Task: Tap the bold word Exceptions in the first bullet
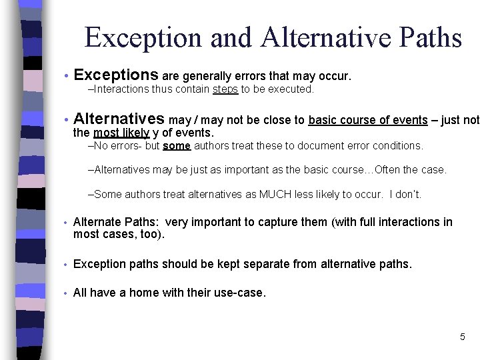tap(116, 75)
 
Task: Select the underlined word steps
tap(225, 89)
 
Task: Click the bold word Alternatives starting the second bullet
tap(119, 119)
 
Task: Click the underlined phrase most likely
tap(121, 133)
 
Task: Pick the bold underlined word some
tap(177, 145)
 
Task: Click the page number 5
tap(462, 337)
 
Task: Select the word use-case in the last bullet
tap(238, 292)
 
